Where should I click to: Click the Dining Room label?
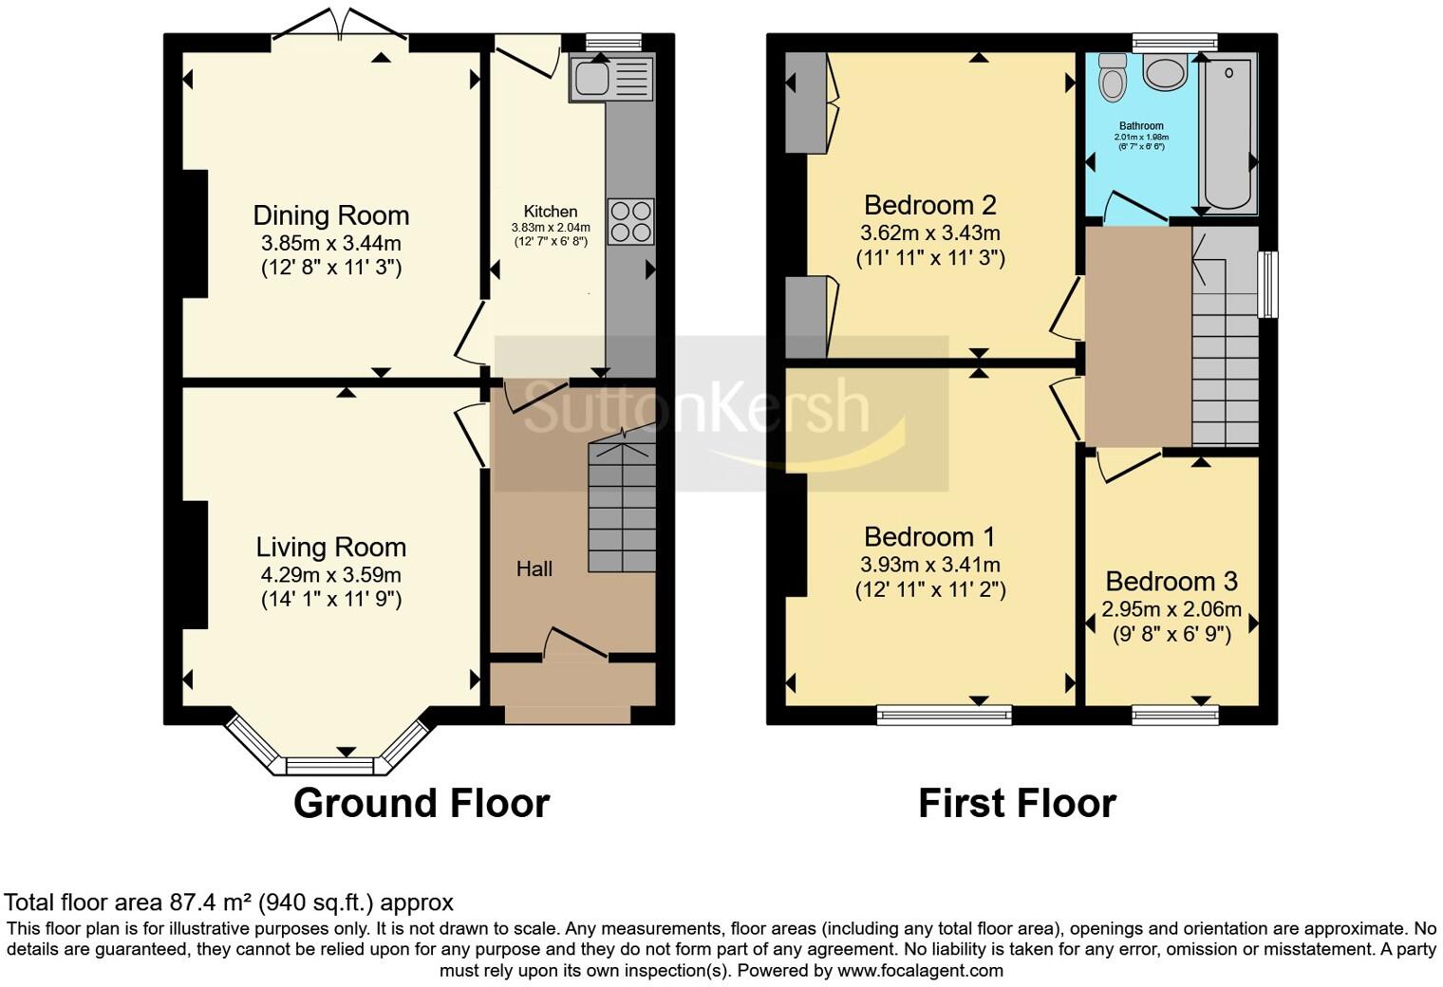(x=331, y=215)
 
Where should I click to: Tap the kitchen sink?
(x=611, y=79)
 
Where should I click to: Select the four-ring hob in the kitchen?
(x=630, y=221)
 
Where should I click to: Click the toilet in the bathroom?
(x=1113, y=77)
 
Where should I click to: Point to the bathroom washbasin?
(x=1165, y=71)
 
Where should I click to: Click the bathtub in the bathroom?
(x=1229, y=133)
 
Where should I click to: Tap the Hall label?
(x=534, y=568)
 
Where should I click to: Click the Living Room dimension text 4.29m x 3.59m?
(x=331, y=574)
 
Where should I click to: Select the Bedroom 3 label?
(x=1171, y=582)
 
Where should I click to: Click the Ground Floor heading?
(x=422, y=803)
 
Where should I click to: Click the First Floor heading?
(x=1017, y=803)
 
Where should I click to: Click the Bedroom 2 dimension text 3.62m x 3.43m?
(x=930, y=233)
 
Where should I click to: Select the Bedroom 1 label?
(x=928, y=536)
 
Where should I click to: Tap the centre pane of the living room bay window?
(x=329, y=766)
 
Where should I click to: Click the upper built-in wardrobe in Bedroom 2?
(x=806, y=103)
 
